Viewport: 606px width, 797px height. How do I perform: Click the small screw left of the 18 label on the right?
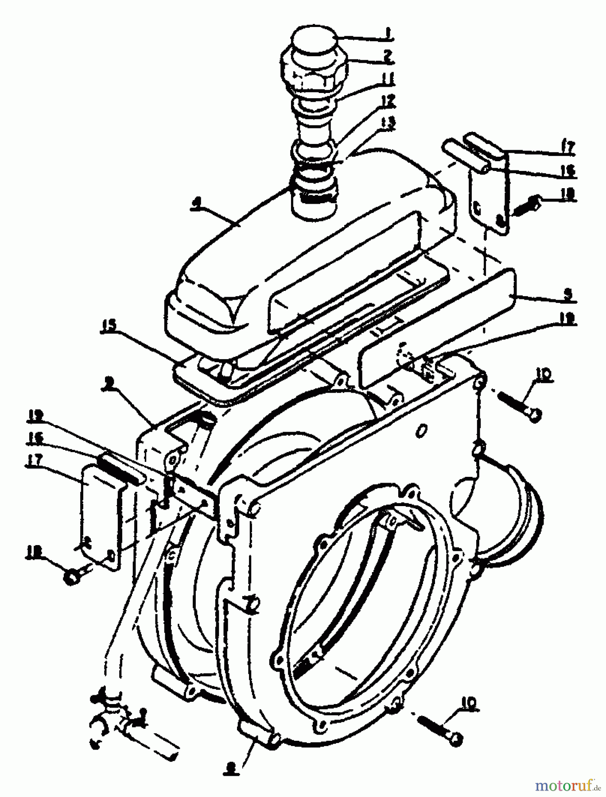coord(526,205)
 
